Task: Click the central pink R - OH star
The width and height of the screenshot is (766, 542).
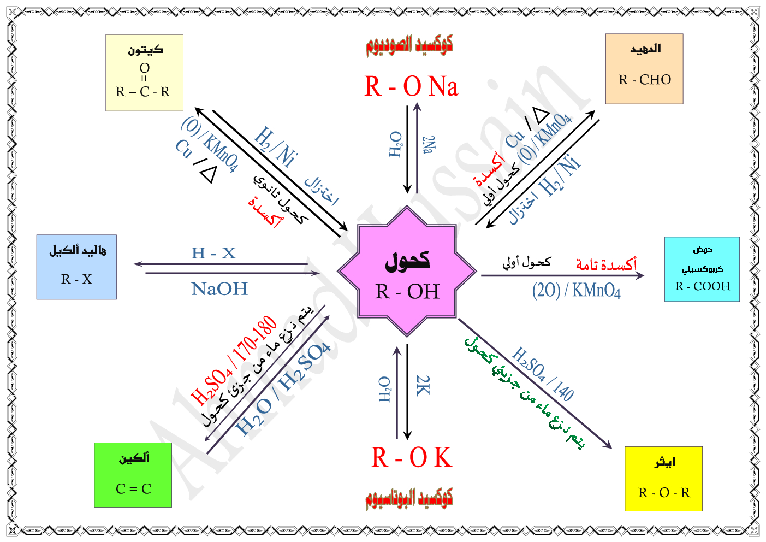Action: pyautogui.click(x=407, y=271)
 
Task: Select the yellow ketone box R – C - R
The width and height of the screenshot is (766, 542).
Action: pyautogui.click(x=144, y=73)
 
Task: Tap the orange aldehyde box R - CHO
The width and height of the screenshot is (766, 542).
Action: pyautogui.click(x=644, y=69)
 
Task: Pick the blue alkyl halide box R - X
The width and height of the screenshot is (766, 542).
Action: pyautogui.click(x=76, y=267)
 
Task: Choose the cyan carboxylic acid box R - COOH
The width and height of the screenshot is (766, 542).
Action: pyautogui.click(x=702, y=269)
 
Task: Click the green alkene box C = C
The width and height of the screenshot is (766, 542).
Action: pyautogui.click(x=133, y=475)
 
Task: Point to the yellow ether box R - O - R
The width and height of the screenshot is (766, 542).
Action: pyautogui.click(x=663, y=479)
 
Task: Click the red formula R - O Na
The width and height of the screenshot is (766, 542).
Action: pyautogui.click(x=411, y=86)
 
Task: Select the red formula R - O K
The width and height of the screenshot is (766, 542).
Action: pyautogui.click(x=412, y=458)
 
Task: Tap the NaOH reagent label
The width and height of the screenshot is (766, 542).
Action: pyautogui.click(x=219, y=289)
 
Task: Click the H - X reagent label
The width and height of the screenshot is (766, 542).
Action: pyautogui.click(x=213, y=253)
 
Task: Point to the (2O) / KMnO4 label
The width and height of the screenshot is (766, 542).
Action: pyautogui.click(x=576, y=290)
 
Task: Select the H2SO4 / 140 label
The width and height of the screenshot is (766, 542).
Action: pyautogui.click(x=543, y=374)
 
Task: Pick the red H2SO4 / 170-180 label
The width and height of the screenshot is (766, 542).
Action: pyautogui.click(x=234, y=360)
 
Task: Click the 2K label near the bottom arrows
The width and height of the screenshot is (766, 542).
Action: pyautogui.click(x=423, y=385)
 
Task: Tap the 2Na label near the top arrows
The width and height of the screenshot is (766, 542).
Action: pyautogui.click(x=429, y=145)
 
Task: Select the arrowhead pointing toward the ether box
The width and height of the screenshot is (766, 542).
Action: pyautogui.click(x=607, y=444)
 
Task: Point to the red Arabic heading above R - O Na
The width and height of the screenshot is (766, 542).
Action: pyautogui.click(x=409, y=45)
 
